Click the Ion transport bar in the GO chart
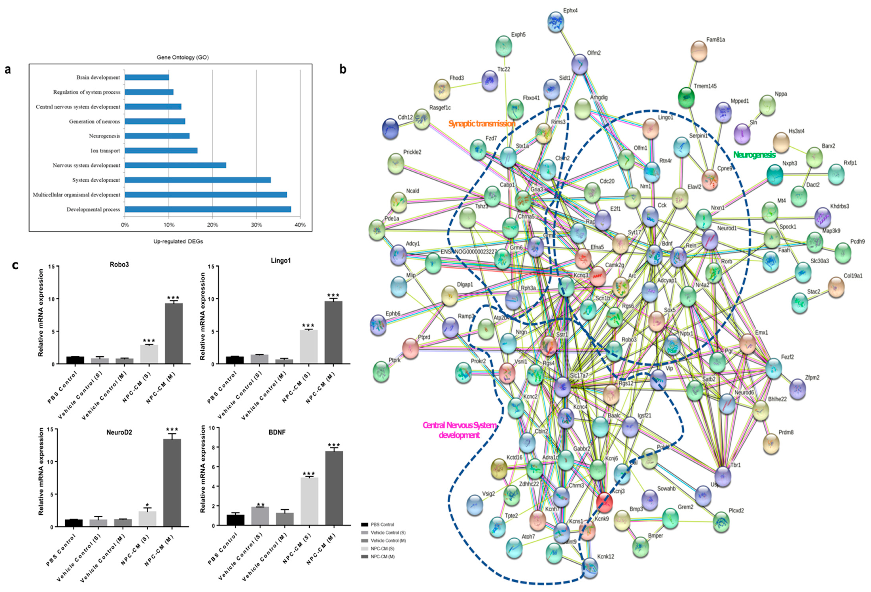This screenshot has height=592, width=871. coord(161,151)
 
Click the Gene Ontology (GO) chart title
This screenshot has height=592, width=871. coord(182,57)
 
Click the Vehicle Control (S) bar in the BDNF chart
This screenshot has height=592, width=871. coord(260,516)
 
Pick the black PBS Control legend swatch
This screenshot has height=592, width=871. coord(364,524)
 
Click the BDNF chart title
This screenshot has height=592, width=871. coord(277,432)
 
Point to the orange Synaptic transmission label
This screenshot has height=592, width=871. coord(482,123)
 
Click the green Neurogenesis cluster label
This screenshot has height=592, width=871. coord(754,155)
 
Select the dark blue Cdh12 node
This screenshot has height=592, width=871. coord(390,129)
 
